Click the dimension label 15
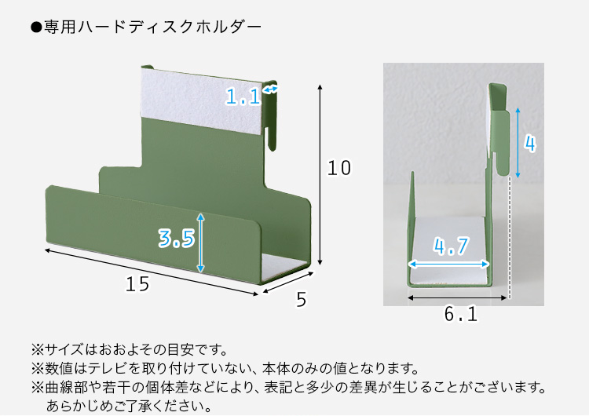(x=137, y=284)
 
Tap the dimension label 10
(x=339, y=168)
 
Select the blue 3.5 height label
(x=177, y=239)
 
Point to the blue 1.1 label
(x=243, y=97)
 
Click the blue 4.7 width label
(x=451, y=246)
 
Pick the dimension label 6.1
(x=461, y=314)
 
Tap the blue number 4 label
(x=530, y=144)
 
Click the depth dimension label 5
(x=302, y=300)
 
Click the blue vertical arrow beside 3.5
(x=200, y=243)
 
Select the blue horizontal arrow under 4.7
(x=448, y=265)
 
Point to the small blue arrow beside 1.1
(x=270, y=89)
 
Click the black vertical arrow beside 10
(x=320, y=175)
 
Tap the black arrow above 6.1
(x=457, y=298)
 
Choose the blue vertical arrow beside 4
(x=518, y=143)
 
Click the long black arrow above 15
(x=152, y=272)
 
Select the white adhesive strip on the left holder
(x=201, y=100)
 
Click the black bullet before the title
(x=36, y=27)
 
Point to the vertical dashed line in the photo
(x=510, y=238)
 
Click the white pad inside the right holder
(x=449, y=250)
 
